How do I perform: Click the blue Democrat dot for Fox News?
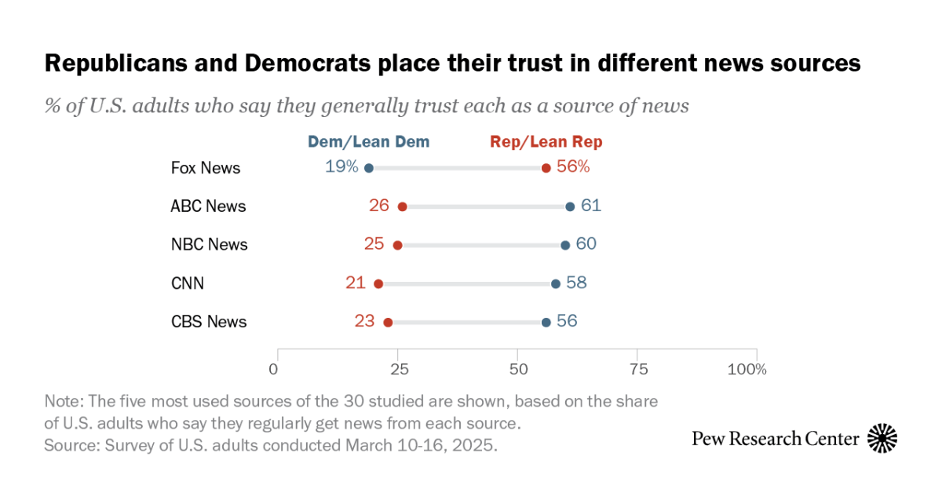369,168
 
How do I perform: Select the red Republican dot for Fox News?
546,168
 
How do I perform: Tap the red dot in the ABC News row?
403,206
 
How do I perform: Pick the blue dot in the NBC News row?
565,245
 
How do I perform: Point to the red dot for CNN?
378,283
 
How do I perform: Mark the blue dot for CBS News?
546,322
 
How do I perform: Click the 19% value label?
341,167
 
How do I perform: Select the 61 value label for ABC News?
591,206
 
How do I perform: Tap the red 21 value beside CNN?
356,283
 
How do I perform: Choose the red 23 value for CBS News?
364,321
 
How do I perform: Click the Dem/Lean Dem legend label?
369,142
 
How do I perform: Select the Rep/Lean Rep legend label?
546,142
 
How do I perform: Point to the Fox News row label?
206,168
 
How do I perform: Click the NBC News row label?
209,245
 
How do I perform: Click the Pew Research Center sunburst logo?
882,438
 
